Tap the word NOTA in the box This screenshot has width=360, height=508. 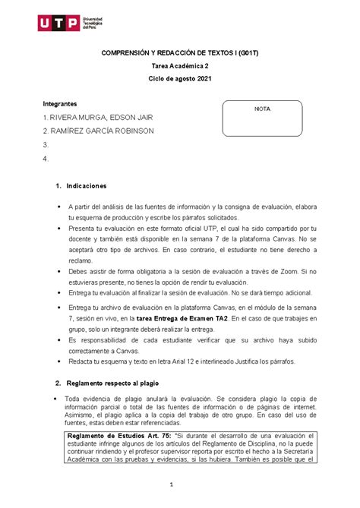pyautogui.click(x=261, y=109)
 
